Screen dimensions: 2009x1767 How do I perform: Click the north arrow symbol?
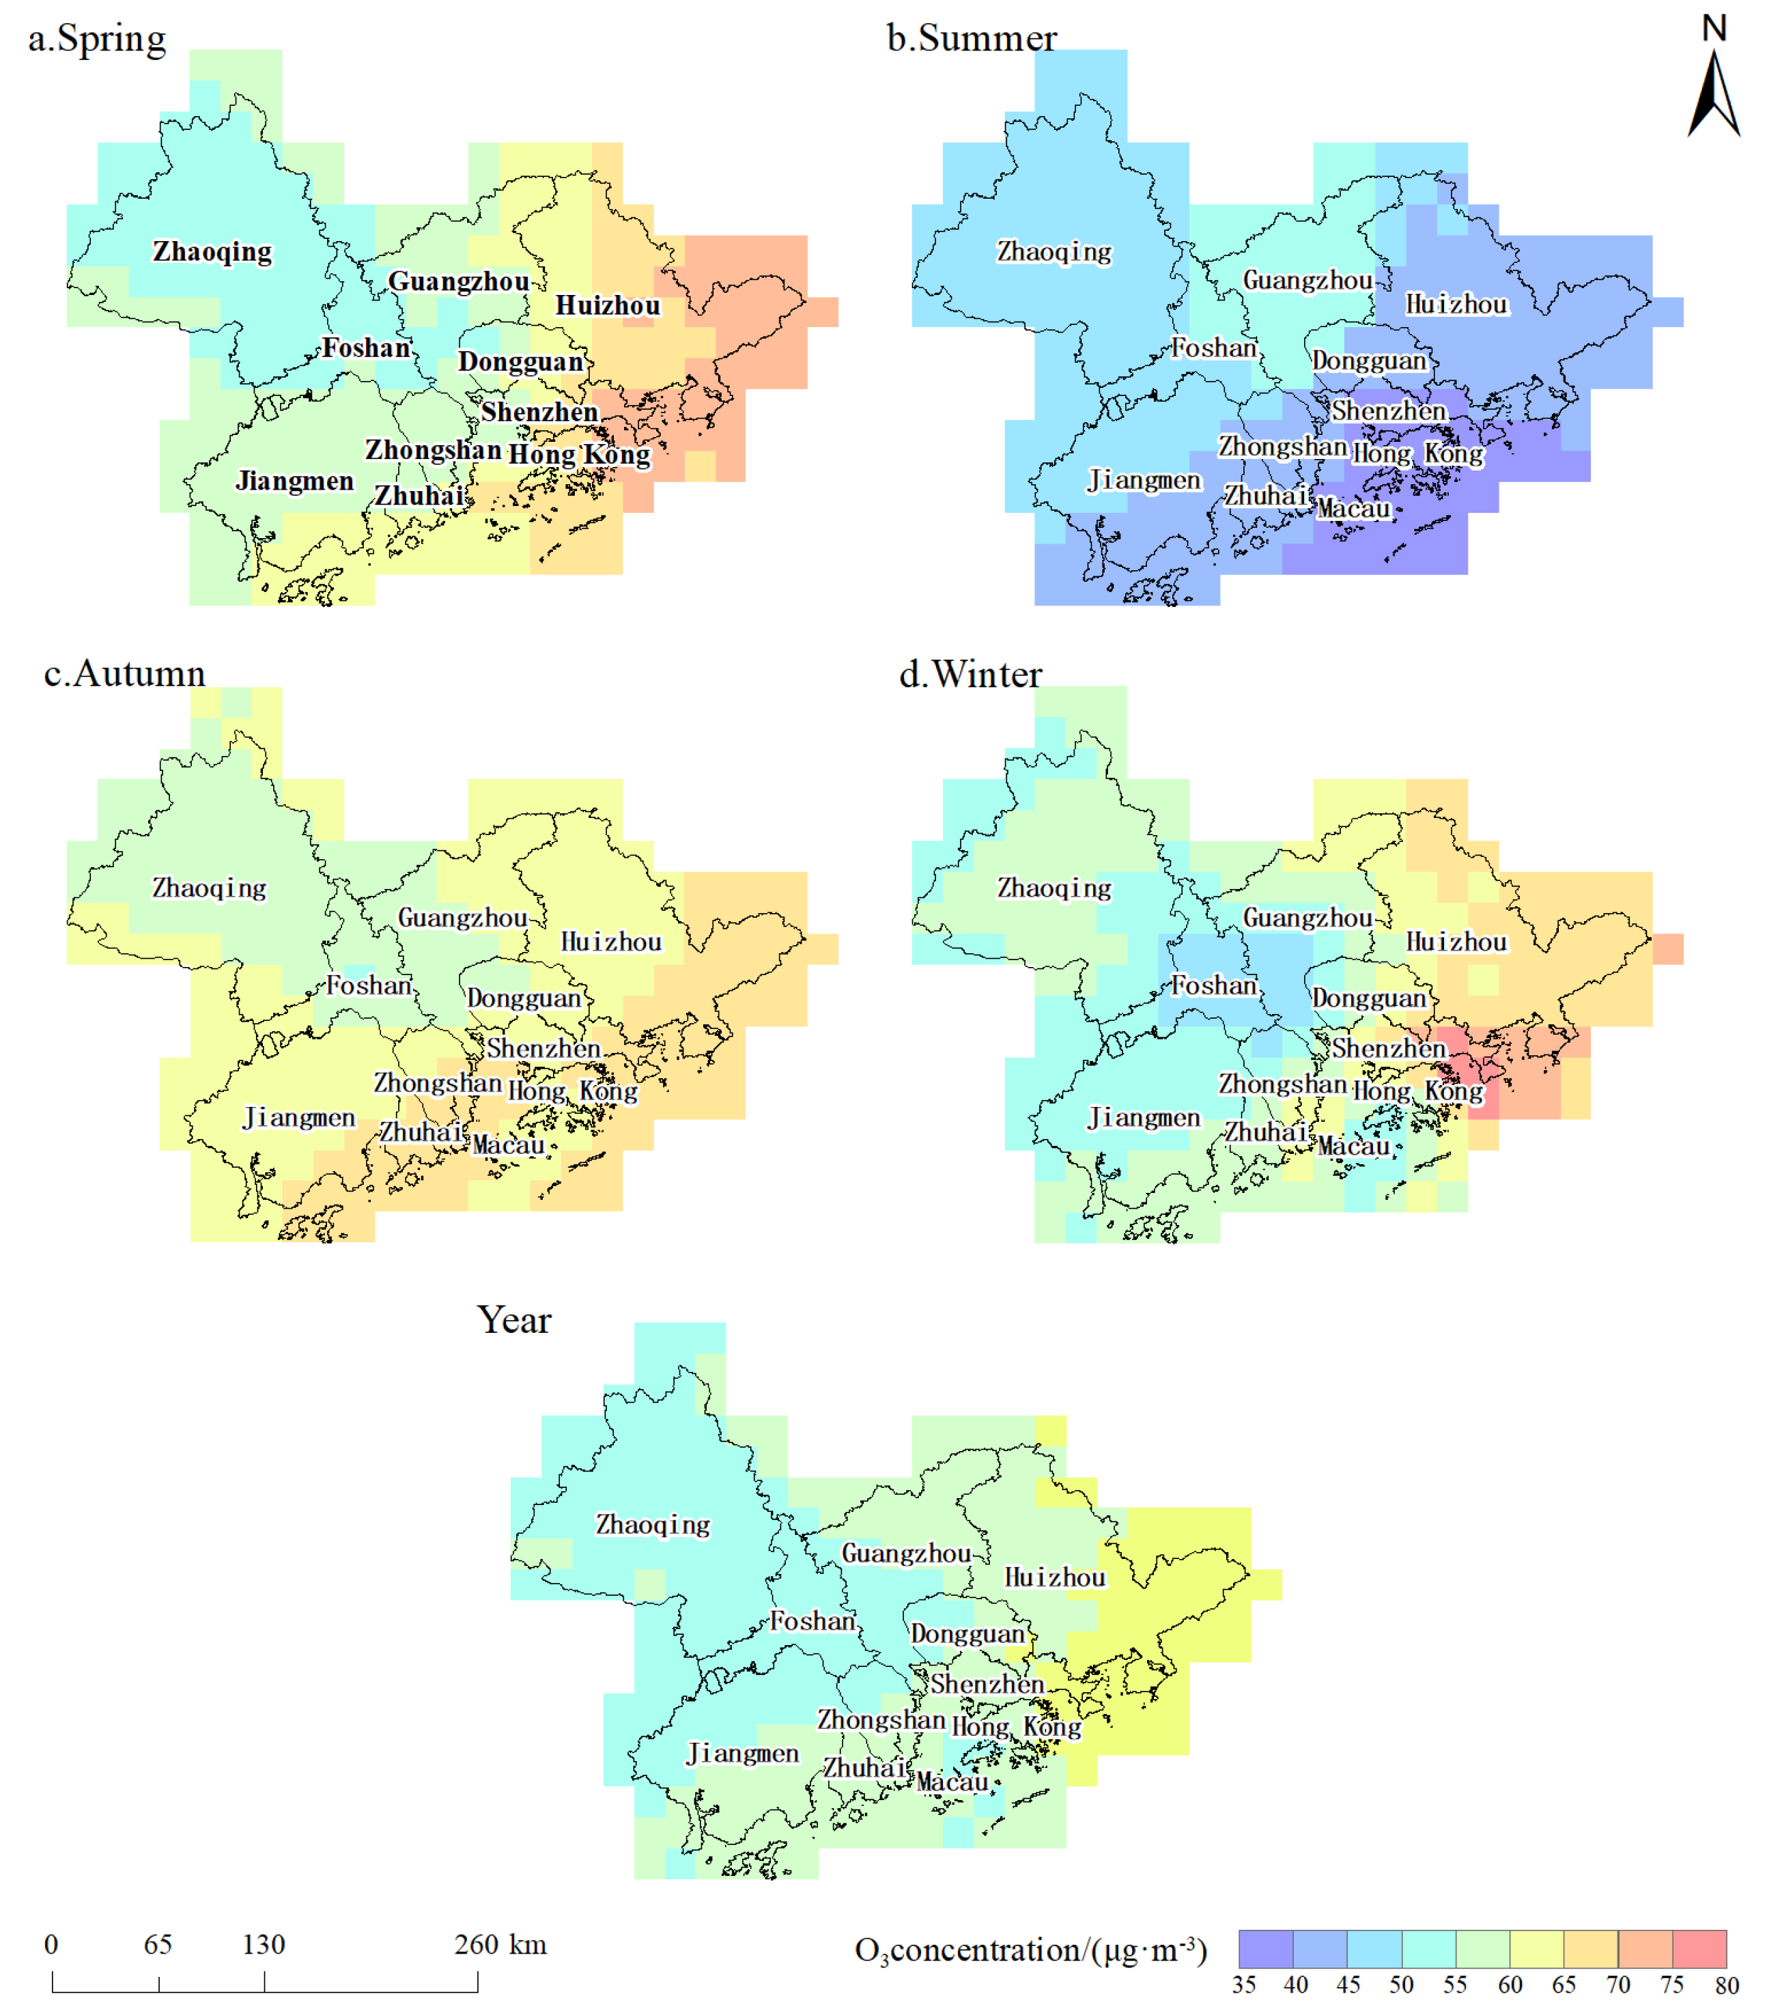click(1713, 94)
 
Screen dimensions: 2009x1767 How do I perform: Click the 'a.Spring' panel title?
click(96, 40)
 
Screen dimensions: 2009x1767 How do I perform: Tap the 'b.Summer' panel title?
click(971, 40)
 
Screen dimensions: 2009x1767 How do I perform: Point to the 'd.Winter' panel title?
click(970, 675)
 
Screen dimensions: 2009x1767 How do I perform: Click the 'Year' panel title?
click(514, 1320)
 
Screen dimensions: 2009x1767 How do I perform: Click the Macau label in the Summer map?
click(1353, 509)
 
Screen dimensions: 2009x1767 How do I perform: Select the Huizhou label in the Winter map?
click(1456, 942)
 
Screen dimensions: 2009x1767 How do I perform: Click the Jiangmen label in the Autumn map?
click(299, 1118)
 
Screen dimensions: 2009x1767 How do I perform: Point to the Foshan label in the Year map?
click(812, 1620)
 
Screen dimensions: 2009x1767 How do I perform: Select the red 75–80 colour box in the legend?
click(1699, 1948)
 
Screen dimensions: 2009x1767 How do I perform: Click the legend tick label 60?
click(1510, 1984)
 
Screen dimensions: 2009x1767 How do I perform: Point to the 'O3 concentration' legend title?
click(1030, 1950)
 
